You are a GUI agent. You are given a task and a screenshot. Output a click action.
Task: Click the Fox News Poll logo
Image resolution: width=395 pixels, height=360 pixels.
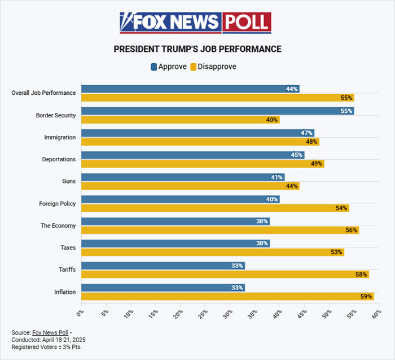click(195, 23)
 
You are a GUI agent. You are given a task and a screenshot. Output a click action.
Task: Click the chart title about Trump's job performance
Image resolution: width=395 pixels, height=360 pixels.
click(197, 49)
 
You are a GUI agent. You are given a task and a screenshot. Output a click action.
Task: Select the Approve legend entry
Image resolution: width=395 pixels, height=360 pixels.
click(169, 67)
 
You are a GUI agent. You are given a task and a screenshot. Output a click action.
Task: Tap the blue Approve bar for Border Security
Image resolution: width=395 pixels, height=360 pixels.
click(217, 111)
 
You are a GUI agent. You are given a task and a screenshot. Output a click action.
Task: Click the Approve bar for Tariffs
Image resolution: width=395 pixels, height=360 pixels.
click(163, 265)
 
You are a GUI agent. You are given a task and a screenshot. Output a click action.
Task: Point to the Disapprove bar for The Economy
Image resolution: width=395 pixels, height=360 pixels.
click(220, 230)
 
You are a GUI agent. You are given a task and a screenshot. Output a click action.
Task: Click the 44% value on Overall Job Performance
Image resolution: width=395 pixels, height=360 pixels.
click(292, 89)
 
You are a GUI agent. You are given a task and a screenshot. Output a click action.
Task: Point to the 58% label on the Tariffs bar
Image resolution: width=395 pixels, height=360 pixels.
click(361, 274)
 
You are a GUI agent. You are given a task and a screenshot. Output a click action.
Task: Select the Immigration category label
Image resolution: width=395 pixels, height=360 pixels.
click(60, 137)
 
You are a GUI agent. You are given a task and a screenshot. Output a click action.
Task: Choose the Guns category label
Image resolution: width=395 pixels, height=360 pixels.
click(68, 181)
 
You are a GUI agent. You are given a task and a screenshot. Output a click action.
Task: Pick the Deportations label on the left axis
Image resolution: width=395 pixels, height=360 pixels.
click(59, 159)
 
